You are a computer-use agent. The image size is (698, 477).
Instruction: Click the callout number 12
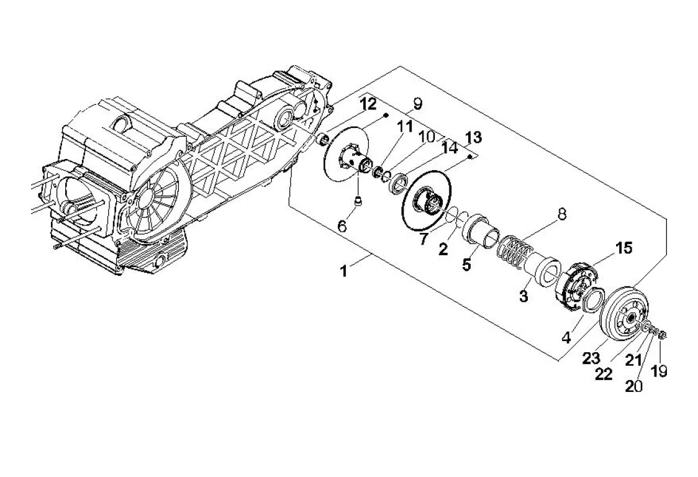coord(369,104)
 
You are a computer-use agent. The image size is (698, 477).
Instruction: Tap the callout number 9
coord(417,104)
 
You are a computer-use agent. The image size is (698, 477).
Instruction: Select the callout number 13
coord(473,137)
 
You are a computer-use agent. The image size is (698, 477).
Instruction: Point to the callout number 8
coord(562,214)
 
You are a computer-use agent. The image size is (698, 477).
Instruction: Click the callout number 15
coord(623,248)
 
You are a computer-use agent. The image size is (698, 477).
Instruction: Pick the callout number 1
coord(343,271)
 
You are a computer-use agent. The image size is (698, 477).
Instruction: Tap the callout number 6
coord(342,226)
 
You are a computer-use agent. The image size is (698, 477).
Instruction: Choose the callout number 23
coord(592,358)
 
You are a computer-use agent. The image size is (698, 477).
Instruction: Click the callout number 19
coord(659,371)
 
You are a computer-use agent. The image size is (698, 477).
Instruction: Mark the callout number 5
coord(466,264)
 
